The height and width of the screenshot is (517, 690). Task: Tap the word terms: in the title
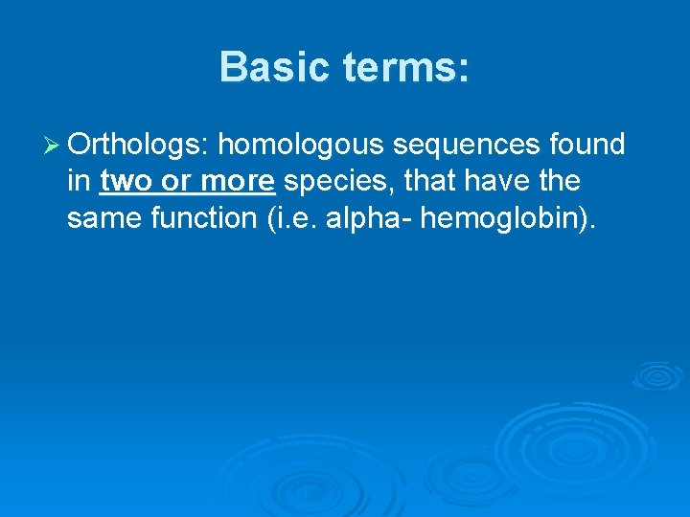(x=402, y=68)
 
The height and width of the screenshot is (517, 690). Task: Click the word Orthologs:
(x=139, y=145)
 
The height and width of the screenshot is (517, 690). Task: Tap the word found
(x=587, y=145)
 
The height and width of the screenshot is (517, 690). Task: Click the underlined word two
(x=125, y=182)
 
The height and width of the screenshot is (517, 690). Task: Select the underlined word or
(x=176, y=182)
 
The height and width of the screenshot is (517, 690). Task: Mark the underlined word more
(x=238, y=182)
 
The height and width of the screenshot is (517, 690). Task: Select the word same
(x=102, y=219)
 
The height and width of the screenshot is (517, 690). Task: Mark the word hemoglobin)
(x=509, y=219)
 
